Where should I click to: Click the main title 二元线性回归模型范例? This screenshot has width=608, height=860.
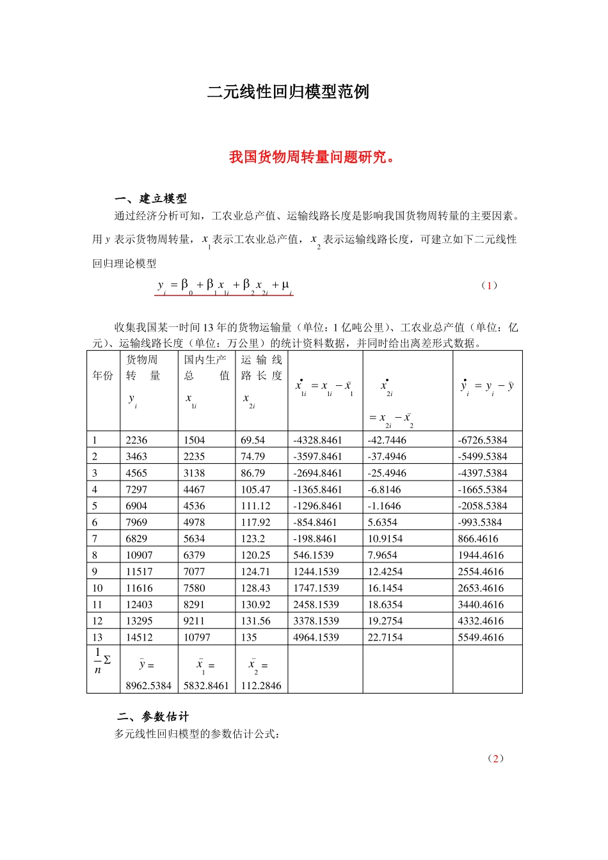point(288,92)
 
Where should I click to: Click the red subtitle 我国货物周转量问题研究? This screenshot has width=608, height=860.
point(312,157)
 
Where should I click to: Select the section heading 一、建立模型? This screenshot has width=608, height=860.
point(150,198)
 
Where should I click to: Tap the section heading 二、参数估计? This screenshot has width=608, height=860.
point(153,717)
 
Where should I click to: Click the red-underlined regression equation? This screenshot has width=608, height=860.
point(224,286)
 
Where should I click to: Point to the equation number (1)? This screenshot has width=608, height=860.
point(489,285)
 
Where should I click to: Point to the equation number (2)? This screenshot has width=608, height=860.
point(495,758)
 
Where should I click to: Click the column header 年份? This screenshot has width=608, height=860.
point(103,376)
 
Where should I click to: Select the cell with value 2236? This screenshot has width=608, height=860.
point(136,440)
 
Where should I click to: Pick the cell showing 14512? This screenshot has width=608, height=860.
point(140,637)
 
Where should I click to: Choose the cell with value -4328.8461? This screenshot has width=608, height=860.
point(317,440)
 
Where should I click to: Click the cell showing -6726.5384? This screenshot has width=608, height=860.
point(482,440)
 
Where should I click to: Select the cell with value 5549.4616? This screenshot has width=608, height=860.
point(481,637)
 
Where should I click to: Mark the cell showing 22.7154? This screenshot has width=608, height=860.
point(385,637)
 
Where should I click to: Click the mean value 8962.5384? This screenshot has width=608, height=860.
point(148,686)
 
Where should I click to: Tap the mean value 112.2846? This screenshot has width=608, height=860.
point(261,686)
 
